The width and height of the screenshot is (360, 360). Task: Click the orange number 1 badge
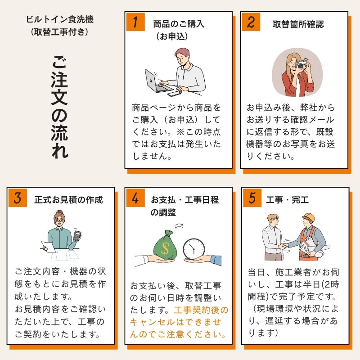coord(135,22)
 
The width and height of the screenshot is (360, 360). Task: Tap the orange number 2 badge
coord(251,22)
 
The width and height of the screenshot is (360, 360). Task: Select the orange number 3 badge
coord(18,198)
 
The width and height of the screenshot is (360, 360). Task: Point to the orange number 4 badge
coord(135,198)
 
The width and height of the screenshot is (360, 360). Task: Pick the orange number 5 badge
coord(252,198)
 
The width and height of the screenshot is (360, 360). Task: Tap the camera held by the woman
coord(300,65)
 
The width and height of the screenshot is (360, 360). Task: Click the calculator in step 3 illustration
coord(77,235)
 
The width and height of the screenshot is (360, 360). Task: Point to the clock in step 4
coord(194,249)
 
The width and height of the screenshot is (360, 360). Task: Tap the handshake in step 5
coord(284,245)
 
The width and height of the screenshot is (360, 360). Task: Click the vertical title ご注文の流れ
coord(59,107)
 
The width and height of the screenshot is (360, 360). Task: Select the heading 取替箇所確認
coord(298,24)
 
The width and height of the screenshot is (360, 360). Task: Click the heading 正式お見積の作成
coord(68,200)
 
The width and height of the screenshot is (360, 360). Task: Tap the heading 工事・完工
coord(287,200)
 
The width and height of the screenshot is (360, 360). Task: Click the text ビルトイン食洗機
coord(60,19)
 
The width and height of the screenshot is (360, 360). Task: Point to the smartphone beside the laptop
coord(174,94)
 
